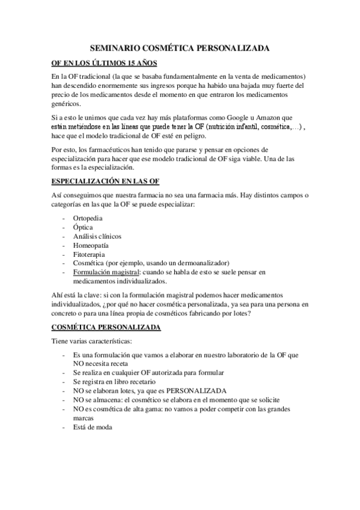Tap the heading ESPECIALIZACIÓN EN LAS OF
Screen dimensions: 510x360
point(105,181)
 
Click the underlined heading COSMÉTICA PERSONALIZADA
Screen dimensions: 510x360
point(105,327)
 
